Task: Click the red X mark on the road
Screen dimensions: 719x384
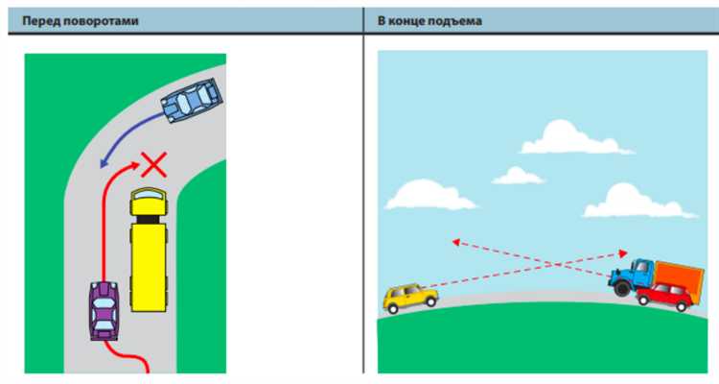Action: coord(154,165)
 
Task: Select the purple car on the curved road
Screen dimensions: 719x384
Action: coord(104,311)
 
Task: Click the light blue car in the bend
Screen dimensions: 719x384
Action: coord(192,101)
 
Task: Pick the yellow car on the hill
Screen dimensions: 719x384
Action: coord(410,299)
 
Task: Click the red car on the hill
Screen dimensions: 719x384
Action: coord(664,297)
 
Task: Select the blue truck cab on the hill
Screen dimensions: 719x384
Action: coord(632,276)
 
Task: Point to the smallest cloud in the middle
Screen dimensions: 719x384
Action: coord(518,176)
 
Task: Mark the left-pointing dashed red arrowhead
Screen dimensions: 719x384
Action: coord(455,242)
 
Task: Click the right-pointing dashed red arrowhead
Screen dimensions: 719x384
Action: coord(623,253)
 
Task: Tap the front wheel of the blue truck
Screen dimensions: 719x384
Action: coord(622,288)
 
